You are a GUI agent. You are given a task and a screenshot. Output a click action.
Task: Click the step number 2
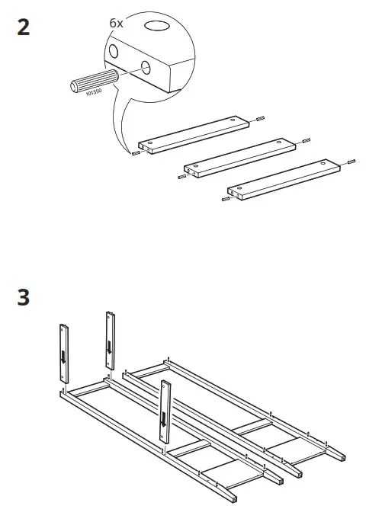click(x=24, y=28)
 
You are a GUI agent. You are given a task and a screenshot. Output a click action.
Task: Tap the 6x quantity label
click(x=116, y=24)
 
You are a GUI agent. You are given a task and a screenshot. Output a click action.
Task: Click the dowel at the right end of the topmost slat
click(x=261, y=118)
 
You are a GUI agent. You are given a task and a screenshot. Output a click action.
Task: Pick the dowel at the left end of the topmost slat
click(x=135, y=152)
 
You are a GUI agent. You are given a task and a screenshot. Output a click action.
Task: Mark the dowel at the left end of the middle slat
click(x=181, y=176)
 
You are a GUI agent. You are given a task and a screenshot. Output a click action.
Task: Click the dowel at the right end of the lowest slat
click(x=352, y=162)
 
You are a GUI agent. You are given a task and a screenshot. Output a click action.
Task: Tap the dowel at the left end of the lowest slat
click(x=225, y=199)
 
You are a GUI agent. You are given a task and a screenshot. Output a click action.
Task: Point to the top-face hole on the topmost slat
click(x=234, y=119)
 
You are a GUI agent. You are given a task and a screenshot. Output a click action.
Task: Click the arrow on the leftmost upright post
click(x=63, y=357)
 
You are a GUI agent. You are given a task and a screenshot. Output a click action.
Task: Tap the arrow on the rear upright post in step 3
click(x=111, y=347)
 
